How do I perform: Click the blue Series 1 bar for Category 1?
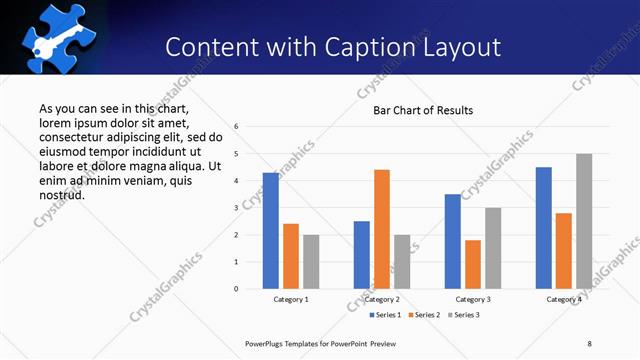271,230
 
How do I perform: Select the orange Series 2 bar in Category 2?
382,229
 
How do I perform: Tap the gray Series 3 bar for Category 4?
584,221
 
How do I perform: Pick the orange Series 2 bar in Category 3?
473,264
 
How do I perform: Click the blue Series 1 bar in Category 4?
544,227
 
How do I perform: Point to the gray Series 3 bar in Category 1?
311,261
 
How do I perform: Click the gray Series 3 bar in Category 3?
493,248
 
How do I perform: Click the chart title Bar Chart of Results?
423,110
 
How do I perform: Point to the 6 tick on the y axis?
236,127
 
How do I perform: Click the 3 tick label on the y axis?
236,208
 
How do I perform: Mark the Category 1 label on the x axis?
291,299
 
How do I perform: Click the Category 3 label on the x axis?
473,299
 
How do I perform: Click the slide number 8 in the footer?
589,343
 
